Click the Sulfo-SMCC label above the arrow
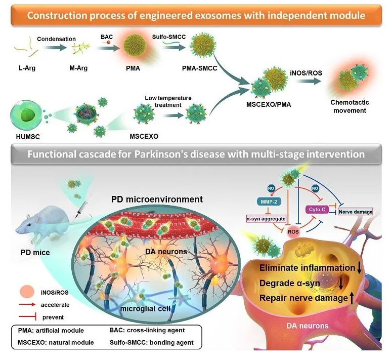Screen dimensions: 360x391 click(x=167, y=37)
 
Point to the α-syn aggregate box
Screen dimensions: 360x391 click(x=266, y=218)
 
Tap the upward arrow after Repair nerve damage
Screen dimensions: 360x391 click(x=352, y=298)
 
